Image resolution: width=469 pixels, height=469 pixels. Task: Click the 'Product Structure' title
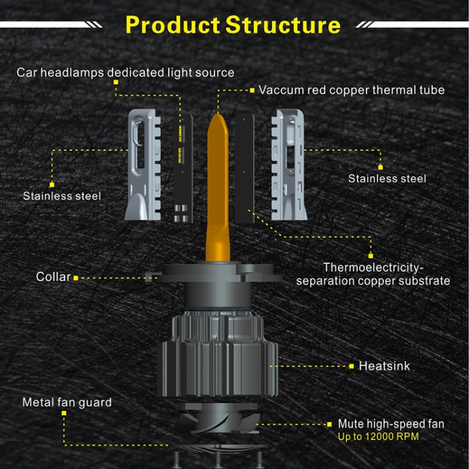click(x=233, y=25)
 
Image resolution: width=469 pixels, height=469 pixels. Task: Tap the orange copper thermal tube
click(x=218, y=188)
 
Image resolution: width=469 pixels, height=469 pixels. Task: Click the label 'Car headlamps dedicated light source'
click(x=126, y=73)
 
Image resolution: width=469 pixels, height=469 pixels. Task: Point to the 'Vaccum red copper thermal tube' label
click(x=351, y=90)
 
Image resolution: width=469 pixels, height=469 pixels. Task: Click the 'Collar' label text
click(x=53, y=276)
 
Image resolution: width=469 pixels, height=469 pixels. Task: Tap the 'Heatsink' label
click(x=384, y=366)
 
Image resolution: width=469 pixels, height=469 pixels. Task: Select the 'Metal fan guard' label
click(x=67, y=402)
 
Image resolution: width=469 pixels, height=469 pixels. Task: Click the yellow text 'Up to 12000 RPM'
click(x=378, y=436)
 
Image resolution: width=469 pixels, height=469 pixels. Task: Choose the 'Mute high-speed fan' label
click(x=391, y=424)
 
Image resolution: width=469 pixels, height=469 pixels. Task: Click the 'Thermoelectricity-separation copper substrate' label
click(x=373, y=275)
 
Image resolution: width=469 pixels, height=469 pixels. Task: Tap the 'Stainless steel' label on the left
click(x=62, y=196)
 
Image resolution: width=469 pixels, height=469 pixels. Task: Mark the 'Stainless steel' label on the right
click(x=387, y=179)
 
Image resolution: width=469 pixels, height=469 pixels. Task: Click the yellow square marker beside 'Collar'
click(x=76, y=277)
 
